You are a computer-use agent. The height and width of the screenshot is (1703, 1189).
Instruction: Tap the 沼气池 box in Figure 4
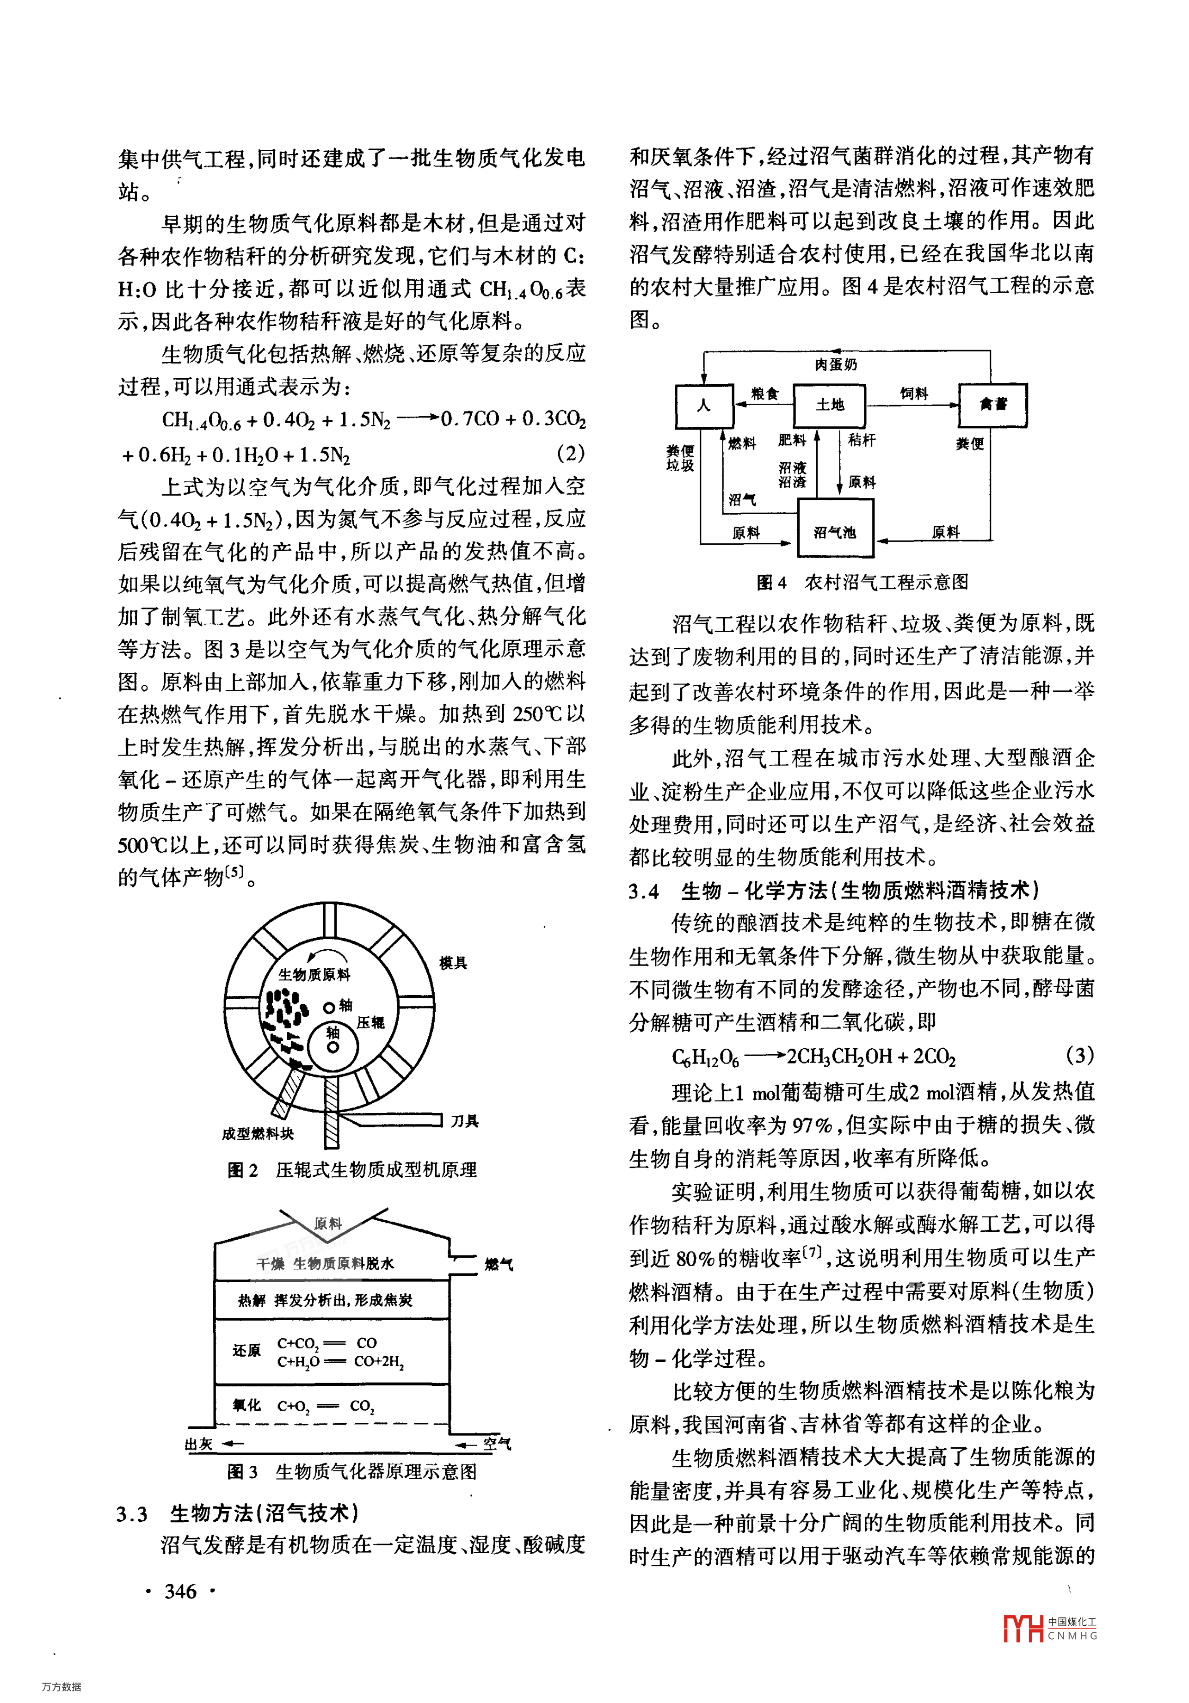[x=835, y=531]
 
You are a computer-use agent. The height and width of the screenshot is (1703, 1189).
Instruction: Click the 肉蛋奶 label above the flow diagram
[x=835, y=364]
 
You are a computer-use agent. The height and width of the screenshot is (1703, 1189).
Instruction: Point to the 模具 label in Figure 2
[x=453, y=963]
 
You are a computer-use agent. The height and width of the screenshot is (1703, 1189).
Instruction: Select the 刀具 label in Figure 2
[x=465, y=1121]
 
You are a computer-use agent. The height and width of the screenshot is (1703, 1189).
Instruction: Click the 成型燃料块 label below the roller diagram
[x=258, y=1133]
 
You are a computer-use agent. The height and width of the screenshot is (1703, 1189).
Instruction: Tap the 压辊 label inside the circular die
[x=371, y=1023]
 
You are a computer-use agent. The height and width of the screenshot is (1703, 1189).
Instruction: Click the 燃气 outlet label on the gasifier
[x=499, y=1264]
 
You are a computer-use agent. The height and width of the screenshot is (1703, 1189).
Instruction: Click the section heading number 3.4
[x=644, y=891]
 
